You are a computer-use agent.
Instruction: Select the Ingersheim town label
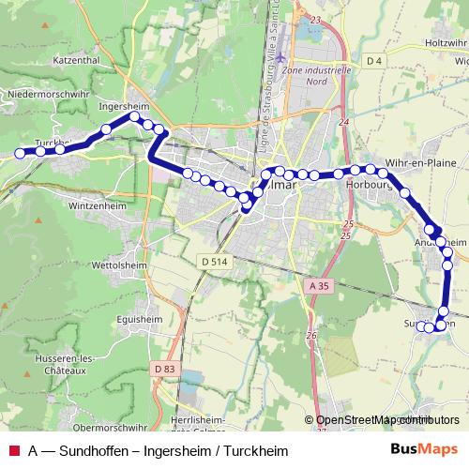tap(125, 107)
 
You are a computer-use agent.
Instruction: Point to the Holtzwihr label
tap(446, 44)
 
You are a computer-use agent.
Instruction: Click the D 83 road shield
tap(164, 370)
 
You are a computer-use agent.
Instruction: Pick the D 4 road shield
tap(375, 61)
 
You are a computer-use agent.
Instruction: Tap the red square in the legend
tap(13, 450)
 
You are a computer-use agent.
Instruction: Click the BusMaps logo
tap(423, 449)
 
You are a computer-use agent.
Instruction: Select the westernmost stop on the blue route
tap(20, 153)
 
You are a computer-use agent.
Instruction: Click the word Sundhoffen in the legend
tap(97, 450)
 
